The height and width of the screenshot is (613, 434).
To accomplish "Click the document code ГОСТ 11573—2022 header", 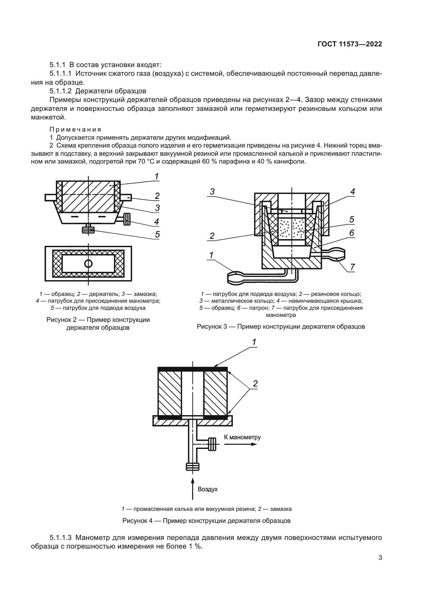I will (350, 44).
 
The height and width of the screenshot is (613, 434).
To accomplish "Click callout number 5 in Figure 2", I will (157, 234).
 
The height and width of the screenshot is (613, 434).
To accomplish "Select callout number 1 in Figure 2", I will (157, 176).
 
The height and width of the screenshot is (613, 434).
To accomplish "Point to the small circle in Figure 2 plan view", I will (88, 264).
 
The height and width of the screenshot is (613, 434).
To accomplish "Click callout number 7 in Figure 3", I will (352, 267).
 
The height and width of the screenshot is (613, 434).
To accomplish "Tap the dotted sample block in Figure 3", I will (292, 229).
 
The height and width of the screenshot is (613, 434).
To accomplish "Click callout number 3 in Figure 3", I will (212, 191).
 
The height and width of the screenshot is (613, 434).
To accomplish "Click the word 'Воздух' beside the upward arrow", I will (208, 489).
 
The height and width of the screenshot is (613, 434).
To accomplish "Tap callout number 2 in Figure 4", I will (255, 384).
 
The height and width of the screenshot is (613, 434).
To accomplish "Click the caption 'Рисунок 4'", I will (206, 521).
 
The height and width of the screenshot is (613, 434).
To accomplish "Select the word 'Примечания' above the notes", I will (76, 129).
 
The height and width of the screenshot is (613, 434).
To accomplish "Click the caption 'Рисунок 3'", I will (280, 327).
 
